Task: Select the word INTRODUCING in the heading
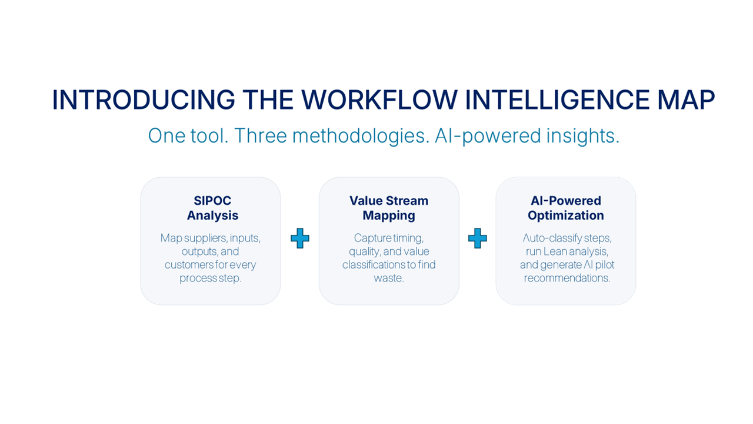(144, 100)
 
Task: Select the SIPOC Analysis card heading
(212, 208)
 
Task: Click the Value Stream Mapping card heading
(389, 208)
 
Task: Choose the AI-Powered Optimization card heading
(566, 208)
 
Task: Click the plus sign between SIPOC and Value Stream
(300, 238)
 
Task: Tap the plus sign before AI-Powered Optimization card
(477, 238)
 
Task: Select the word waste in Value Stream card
(388, 278)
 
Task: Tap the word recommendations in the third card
(567, 278)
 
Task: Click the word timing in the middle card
(406, 238)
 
